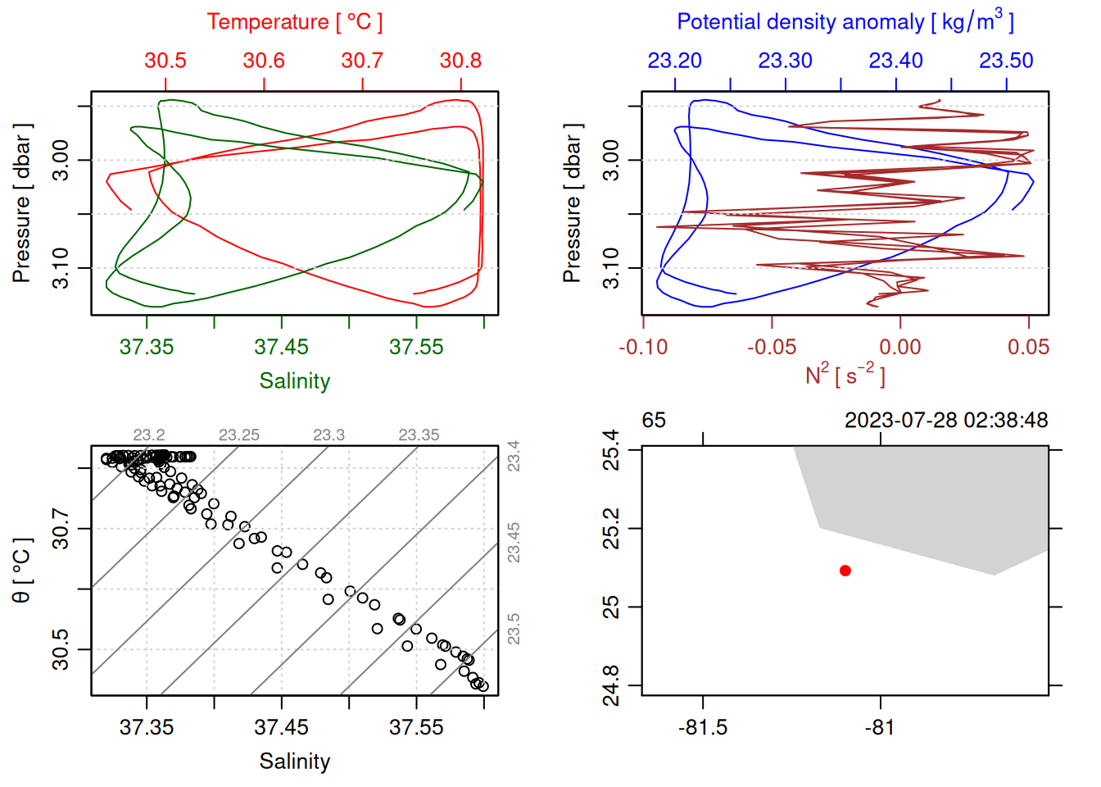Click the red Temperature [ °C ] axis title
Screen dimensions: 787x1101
pos(294,22)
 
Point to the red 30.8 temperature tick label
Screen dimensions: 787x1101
pos(460,61)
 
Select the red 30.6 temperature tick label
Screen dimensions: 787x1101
pos(264,61)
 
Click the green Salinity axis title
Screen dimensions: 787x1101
pos(294,381)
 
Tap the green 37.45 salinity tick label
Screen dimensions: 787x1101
pos(282,347)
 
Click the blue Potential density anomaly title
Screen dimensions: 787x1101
pos(845,22)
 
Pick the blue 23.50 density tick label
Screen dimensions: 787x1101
pos(1006,61)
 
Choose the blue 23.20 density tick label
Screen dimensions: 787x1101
pos(675,61)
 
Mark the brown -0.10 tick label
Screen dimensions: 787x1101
pos(643,347)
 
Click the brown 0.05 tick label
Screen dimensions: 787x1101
pos(1028,347)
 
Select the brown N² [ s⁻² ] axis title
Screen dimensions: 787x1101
pos(845,375)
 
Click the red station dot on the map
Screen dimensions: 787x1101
pos(845,571)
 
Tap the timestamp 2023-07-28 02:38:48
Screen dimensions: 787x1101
pos(946,421)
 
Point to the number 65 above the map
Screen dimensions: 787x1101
pos(654,421)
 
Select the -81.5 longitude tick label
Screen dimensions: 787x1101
pos(703,727)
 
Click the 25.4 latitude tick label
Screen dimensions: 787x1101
pos(611,450)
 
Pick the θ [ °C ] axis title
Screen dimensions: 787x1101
pos(22,571)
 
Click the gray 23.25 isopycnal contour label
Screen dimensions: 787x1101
pos(239,435)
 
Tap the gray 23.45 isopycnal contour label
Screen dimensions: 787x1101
pos(514,543)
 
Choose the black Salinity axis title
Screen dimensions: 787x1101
pos(294,762)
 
